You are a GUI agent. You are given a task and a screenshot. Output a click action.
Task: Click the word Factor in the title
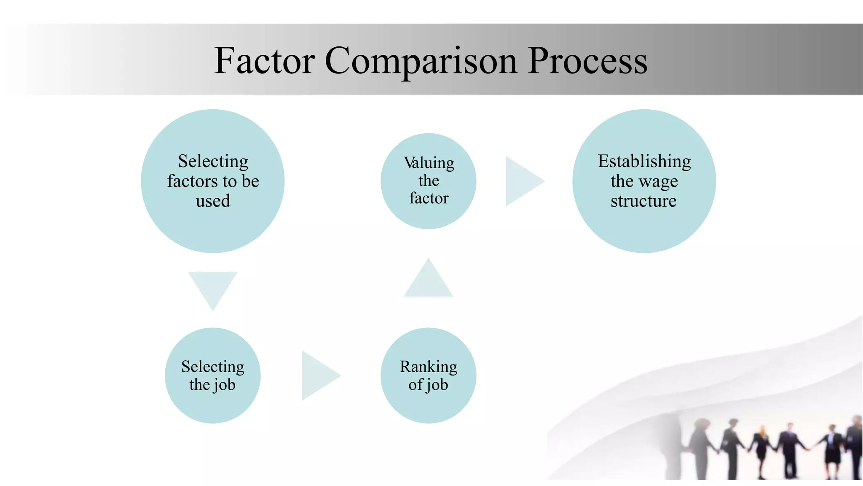[x=264, y=61]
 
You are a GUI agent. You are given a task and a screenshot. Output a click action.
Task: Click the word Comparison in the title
[x=421, y=61]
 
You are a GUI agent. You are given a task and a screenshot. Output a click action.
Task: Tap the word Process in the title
[x=587, y=61]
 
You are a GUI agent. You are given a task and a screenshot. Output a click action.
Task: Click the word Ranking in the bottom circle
[x=428, y=367]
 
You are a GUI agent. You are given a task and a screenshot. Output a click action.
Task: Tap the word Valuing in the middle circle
[x=429, y=163]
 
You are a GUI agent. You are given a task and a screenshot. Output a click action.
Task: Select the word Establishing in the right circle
[x=644, y=161]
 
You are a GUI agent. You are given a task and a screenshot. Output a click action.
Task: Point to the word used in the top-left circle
[x=213, y=201]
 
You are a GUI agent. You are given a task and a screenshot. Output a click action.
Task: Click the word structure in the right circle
[x=643, y=201]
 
